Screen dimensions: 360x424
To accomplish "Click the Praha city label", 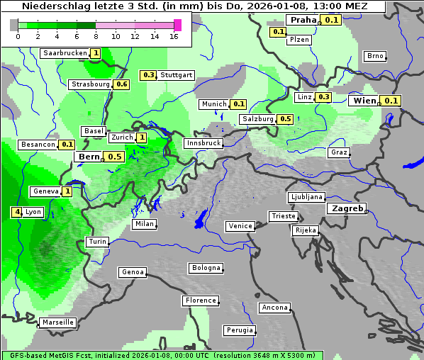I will pos(303,20).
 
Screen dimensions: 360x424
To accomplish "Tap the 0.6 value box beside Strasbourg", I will pos(121,84).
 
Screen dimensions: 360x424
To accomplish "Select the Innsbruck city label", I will pos(203,143).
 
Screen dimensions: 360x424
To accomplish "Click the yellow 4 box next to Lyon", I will pos(16,212).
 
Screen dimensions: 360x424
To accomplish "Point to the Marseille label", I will pos(57,322).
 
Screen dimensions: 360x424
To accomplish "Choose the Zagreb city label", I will pos(346,209).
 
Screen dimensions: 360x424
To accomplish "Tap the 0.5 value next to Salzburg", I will pos(285,119).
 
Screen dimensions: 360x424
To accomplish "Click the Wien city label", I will pos(365,101).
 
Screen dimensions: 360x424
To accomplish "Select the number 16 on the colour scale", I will pos(174,37).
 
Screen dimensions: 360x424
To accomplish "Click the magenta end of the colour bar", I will pos(177,26).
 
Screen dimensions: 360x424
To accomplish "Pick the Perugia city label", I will pos(239,330).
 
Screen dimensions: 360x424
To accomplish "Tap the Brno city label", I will pos(374,56).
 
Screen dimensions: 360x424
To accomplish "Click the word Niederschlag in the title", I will pos(55,6).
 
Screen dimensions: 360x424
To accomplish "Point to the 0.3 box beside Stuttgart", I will pos(148,75).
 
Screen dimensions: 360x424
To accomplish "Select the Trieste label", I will pos(283,216).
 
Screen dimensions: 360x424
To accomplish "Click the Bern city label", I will pos(89,157).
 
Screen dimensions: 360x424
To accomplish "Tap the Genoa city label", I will pos(133,272).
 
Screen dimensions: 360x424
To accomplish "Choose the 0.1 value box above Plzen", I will pos(278,32).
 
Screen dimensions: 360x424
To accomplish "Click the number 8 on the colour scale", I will pos(96,37).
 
